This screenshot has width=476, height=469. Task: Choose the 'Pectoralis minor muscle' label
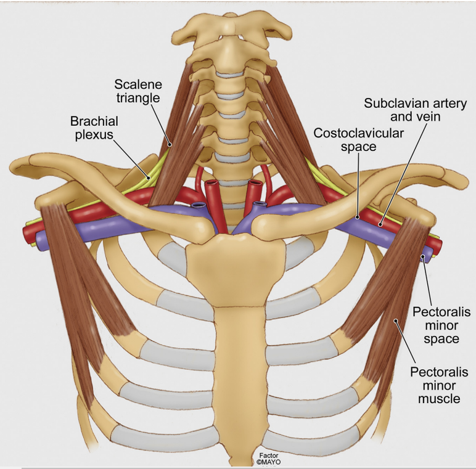[x=439, y=385]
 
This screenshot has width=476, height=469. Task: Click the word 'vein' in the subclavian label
[x=429, y=116]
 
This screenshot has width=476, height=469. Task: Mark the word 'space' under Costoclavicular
[x=358, y=147]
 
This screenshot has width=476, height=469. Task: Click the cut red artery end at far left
[x=27, y=234]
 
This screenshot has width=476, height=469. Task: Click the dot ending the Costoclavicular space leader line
[x=358, y=217]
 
